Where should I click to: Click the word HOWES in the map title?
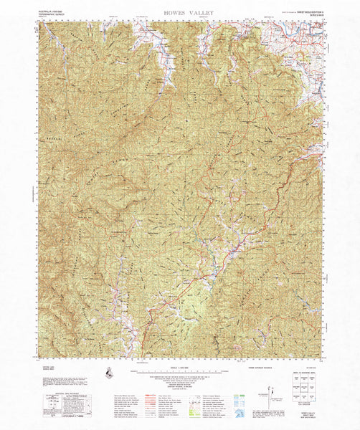[159, 12]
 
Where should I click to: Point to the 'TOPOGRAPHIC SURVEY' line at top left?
[52, 14]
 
